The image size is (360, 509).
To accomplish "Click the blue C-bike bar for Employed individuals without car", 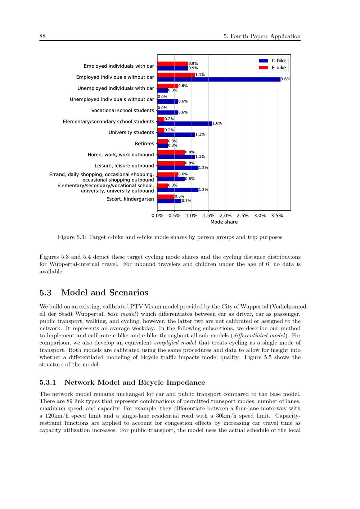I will [x=219, y=79].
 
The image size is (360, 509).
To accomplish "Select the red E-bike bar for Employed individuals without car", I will [x=176, y=75].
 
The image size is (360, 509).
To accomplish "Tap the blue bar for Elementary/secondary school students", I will [x=185, y=123].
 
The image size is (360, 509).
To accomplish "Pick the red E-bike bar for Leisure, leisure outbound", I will [x=171, y=163].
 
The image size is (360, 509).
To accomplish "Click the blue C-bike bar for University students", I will [x=176, y=135].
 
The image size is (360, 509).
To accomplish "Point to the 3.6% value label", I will [x=285, y=79].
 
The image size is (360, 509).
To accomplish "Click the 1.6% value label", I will [x=217, y=123].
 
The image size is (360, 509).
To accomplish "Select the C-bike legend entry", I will [x=273, y=61].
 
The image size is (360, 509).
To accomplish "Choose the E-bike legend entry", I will [x=273, y=68].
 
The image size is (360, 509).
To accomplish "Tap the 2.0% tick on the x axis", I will [x=226, y=216].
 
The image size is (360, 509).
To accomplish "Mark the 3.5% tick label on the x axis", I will [x=277, y=216].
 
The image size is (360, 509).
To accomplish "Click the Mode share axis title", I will [x=224, y=222].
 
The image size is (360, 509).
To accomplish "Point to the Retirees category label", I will [x=144, y=144].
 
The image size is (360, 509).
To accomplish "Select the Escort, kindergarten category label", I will [x=130, y=199].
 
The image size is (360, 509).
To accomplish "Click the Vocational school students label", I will [x=122, y=111].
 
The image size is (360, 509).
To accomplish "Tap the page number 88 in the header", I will [x=42, y=36].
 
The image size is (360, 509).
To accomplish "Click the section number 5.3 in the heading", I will [x=45, y=293].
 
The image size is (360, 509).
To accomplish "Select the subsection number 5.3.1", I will [x=49, y=383].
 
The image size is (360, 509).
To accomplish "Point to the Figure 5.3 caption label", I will [x=72, y=237].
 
